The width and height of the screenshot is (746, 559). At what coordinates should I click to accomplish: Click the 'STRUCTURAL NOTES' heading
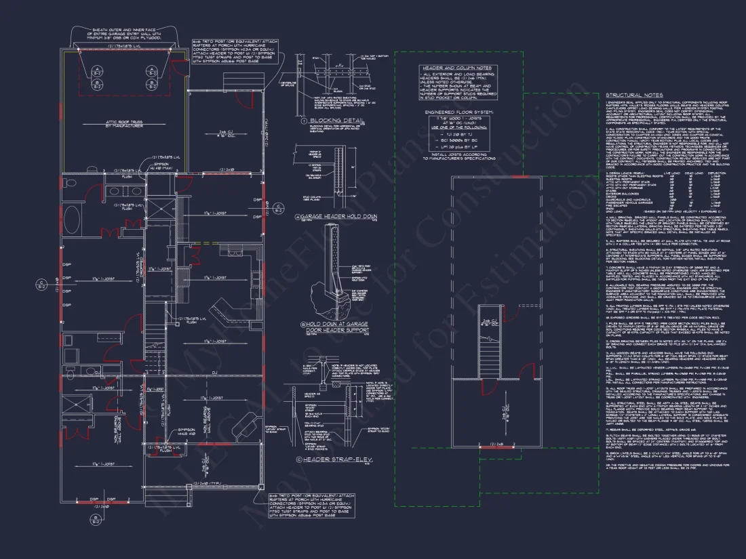point(634,96)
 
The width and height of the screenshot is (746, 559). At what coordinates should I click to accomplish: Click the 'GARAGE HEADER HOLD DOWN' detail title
point(332,217)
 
